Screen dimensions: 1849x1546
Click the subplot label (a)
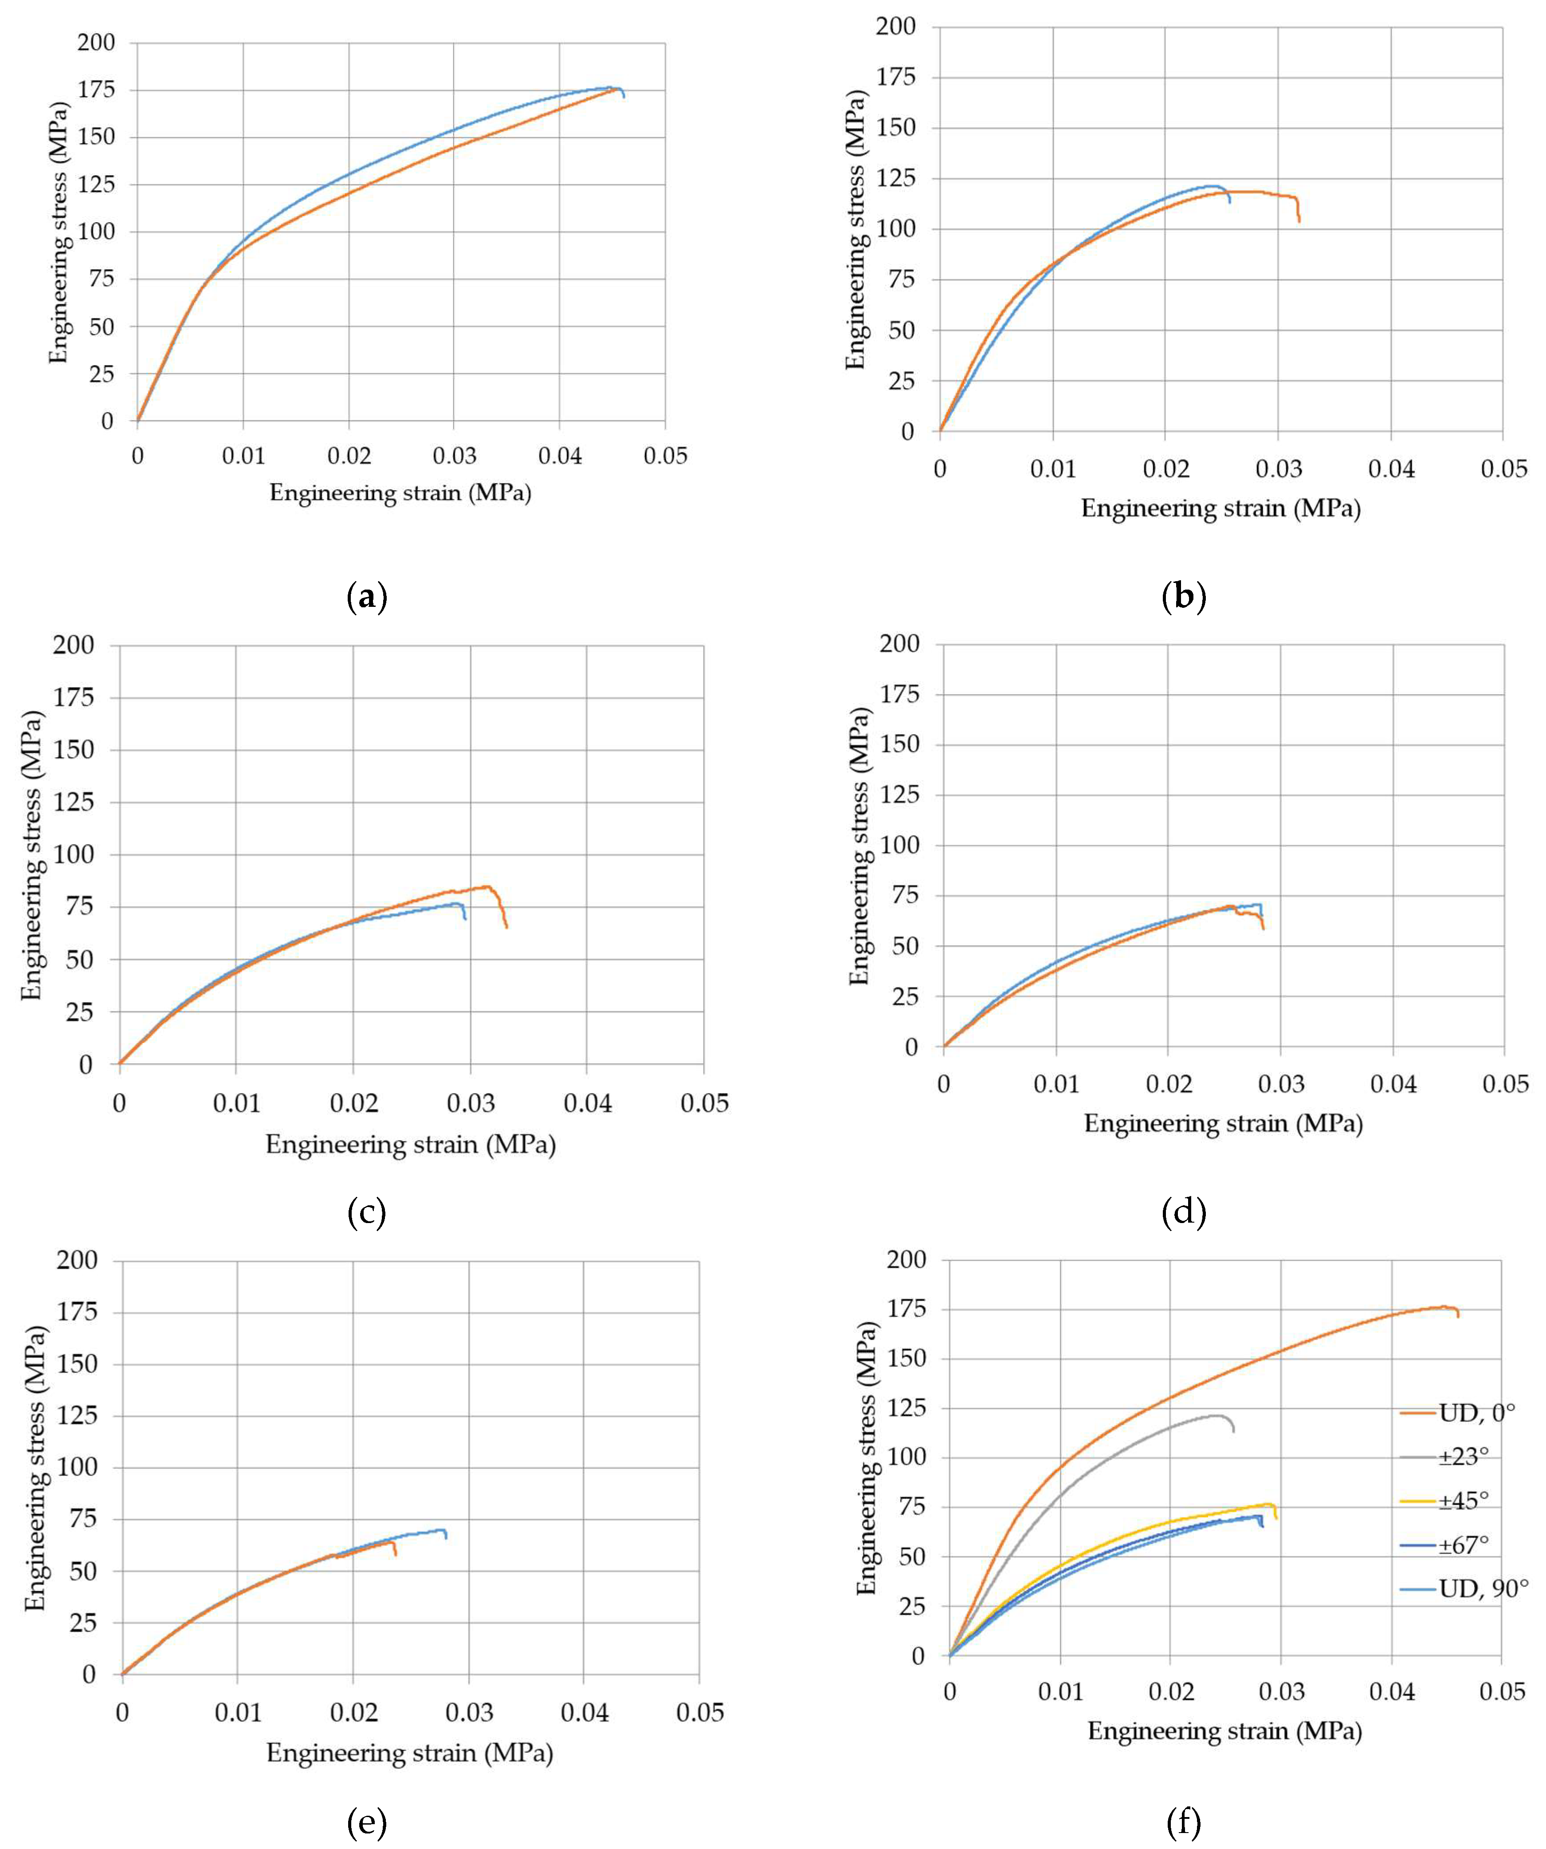[367, 598]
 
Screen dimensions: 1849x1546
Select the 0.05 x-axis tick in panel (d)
[1505, 1084]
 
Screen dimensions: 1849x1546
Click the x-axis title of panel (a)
[400, 493]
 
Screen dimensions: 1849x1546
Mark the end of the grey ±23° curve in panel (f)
[1232, 1432]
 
